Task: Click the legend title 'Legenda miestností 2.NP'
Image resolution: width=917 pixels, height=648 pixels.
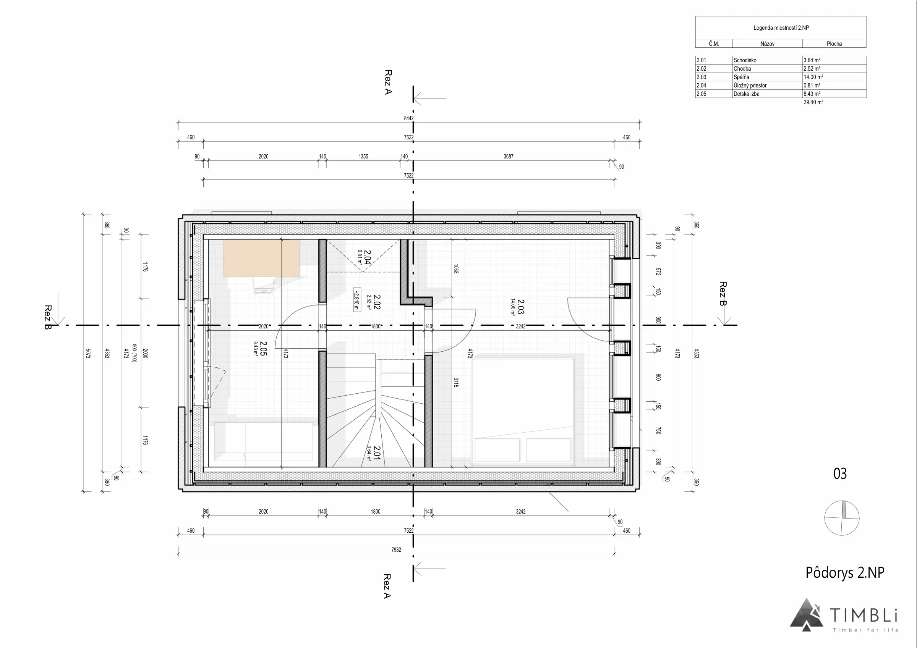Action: pyautogui.click(x=781, y=28)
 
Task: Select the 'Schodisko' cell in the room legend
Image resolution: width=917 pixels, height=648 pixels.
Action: pyautogui.click(x=745, y=60)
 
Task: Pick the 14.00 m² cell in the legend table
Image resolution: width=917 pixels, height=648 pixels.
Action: pyautogui.click(x=813, y=77)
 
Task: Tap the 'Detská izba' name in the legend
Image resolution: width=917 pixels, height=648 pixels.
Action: pyautogui.click(x=747, y=94)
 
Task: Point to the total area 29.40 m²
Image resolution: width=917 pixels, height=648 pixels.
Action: pyautogui.click(x=813, y=102)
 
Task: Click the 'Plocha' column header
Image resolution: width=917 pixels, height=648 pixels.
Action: pyautogui.click(x=834, y=44)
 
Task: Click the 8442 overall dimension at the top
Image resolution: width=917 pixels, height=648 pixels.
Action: pyautogui.click(x=408, y=118)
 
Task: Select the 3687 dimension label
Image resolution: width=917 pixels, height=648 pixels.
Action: pyautogui.click(x=509, y=157)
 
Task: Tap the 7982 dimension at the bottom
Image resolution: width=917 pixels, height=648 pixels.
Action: pyautogui.click(x=396, y=550)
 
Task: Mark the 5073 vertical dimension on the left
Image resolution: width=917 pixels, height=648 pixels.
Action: pyautogui.click(x=88, y=353)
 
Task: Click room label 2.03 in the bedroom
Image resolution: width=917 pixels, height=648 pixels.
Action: pyautogui.click(x=520, y=307)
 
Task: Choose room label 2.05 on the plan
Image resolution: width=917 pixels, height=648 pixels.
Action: pyautogui.click(x=263, y=348)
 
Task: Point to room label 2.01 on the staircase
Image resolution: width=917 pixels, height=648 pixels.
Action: pyautogui.click(x=376, y=453)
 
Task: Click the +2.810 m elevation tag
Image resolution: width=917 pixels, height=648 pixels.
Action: pyautogui.click(x=356, y=299)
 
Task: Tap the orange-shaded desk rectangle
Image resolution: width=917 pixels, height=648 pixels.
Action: pyautogui.click(x=261, y=258)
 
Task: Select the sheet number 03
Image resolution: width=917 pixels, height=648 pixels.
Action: pyautogui.click(x=840, y=473)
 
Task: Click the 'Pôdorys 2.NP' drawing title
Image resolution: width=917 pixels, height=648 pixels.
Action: pyautogui.click(x=845, y=572)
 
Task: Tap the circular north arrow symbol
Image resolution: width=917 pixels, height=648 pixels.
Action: pyautogui.click(x=841, y=518)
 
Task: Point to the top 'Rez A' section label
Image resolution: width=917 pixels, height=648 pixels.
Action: pyautogui.click(x=388, y=82)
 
